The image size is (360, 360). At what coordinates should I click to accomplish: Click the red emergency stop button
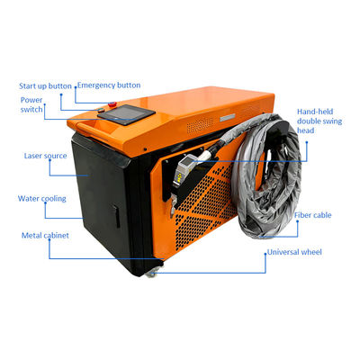point(112,104)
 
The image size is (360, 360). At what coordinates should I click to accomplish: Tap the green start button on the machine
point(101,110)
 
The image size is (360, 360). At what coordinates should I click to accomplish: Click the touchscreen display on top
point(127,114)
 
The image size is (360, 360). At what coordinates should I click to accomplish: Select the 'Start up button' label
point(45,86)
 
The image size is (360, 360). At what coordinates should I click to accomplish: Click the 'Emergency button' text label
point(109,85)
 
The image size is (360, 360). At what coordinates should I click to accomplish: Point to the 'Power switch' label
point(31,104)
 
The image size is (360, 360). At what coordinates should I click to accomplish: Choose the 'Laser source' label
point(45,156)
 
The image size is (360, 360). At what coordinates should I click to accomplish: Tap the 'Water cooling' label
point(42,199)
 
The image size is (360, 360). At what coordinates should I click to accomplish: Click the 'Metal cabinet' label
point(45,236)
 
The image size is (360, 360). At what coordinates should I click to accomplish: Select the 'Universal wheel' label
point(294,252)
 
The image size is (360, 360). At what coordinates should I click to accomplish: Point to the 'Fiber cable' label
point(312,215)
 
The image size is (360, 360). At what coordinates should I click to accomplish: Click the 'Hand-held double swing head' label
point(319,121)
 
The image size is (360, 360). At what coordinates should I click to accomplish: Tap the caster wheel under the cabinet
point(151,273)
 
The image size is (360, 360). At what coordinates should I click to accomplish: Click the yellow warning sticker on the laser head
point(179,177)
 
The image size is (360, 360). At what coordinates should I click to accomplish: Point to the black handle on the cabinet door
point(117,216)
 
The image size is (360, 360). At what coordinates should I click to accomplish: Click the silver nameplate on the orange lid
point(228,118)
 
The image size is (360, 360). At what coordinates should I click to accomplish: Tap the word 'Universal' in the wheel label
point(283,252)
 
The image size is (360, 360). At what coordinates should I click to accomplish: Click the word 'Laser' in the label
point(33,156)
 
